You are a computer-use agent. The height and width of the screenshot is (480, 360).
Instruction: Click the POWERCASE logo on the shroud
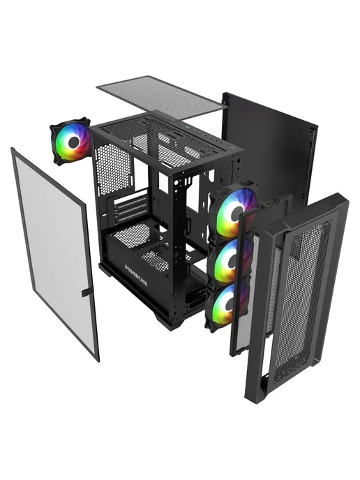137,275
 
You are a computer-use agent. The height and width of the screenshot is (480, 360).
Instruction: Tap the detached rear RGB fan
71,141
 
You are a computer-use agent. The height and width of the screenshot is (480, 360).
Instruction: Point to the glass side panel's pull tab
87,292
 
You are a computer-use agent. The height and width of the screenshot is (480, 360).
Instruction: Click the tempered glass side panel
55,254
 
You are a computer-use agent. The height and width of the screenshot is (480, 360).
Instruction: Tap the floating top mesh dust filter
162,98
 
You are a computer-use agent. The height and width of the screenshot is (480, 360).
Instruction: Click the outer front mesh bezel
297,297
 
